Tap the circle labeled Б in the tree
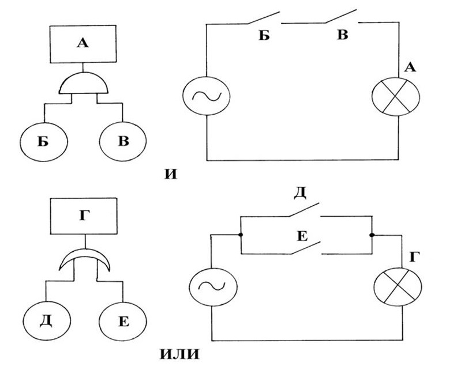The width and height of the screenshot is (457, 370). coord(44,141)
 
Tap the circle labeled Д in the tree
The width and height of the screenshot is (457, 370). coord(46,319)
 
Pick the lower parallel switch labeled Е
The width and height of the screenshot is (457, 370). coord(305,248)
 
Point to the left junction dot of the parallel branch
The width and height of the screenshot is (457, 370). coord(239,235)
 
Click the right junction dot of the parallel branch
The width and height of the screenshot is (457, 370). coord(372,235)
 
